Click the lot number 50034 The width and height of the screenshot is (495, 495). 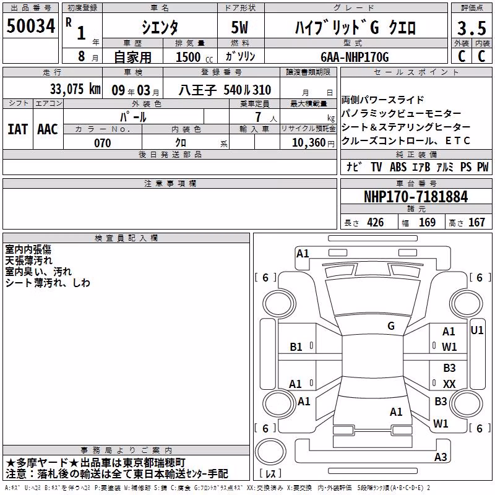click(x=31, y=26)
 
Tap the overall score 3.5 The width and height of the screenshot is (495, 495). click(x=471, y=28)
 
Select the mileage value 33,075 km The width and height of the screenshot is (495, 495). click(x=75, y=89)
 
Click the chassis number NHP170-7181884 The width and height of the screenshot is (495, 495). click(x=416, y=197)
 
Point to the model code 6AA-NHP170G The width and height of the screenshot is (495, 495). click(x=355, y=57)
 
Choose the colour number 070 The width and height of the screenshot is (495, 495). click(x=103, y=143)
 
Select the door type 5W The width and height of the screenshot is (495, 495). click(x=240, y=27)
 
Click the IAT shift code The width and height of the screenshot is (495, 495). click(x=18, y=129)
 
